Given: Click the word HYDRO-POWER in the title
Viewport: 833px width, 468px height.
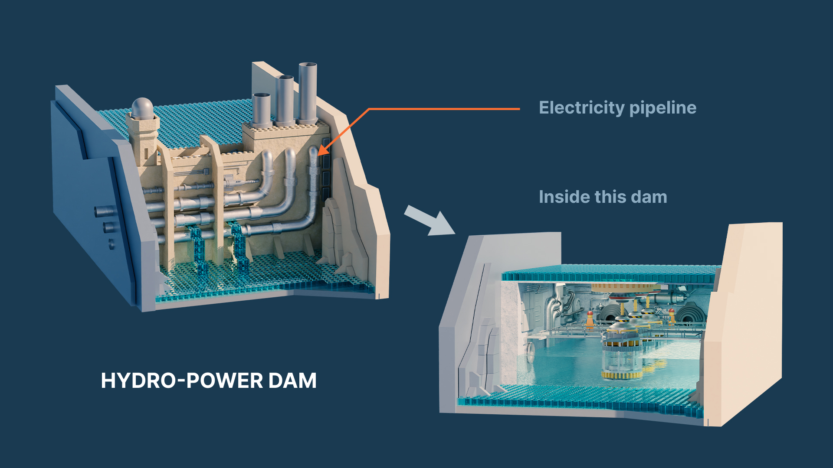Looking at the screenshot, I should [182, 381].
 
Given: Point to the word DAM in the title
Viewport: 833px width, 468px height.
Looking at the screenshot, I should [292, 381].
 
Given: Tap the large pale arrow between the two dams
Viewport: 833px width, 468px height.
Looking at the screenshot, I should [429, 221].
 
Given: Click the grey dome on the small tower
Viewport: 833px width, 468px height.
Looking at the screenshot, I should [142, 108].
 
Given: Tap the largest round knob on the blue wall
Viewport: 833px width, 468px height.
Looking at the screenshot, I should [105, 211].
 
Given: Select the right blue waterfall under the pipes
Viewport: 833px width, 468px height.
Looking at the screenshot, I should [239, 247].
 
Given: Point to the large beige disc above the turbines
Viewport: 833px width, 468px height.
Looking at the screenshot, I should [625, 287].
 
